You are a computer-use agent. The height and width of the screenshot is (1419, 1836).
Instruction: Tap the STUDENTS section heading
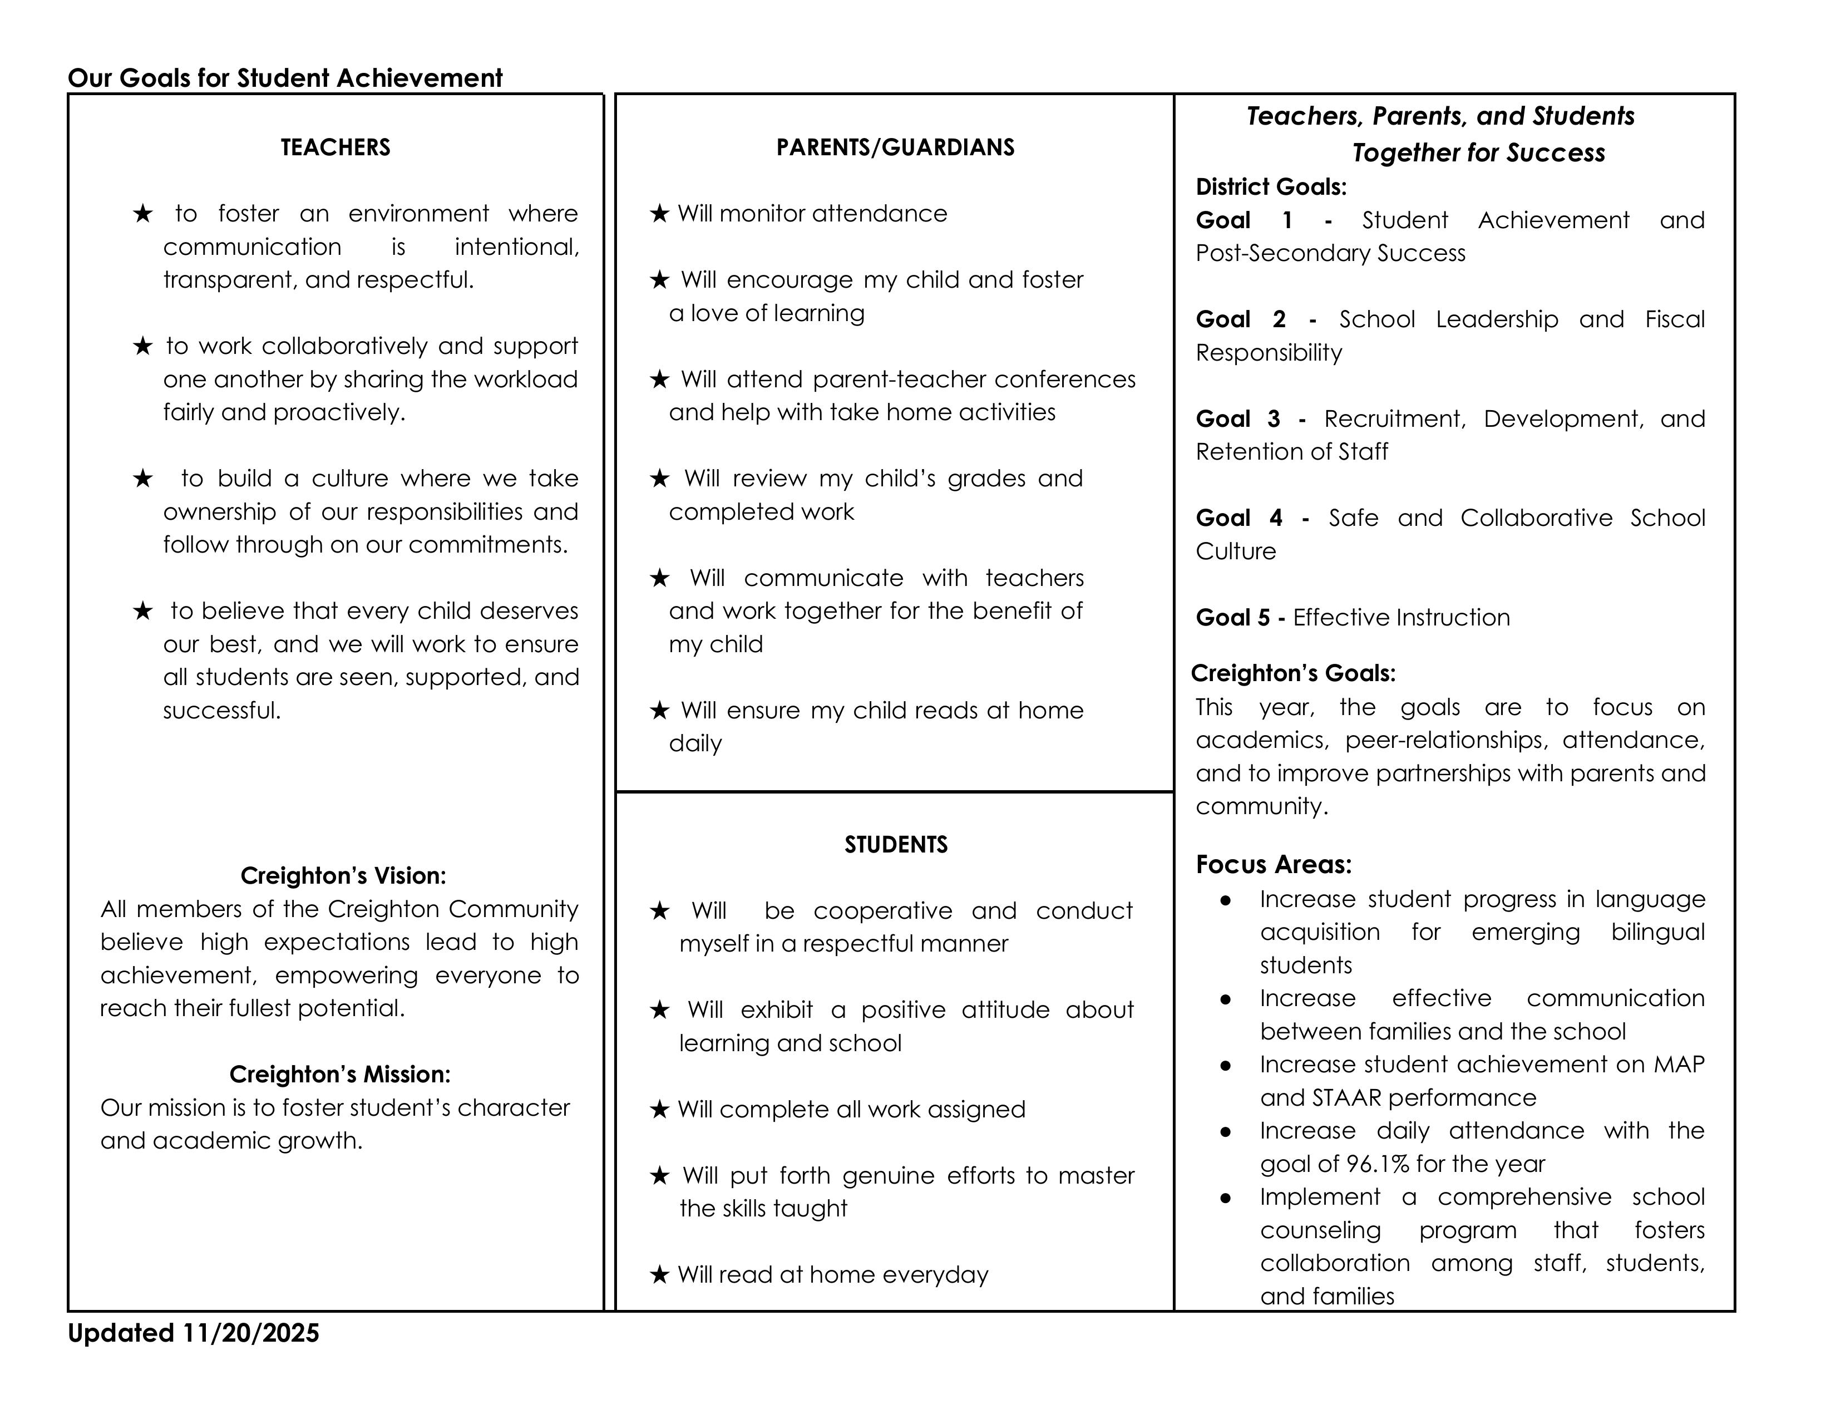(x=896, y=844)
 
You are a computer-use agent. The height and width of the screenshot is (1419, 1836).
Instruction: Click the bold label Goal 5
(x=1232, y=617)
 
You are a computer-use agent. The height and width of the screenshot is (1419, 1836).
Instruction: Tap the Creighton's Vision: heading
(x=343, y=876)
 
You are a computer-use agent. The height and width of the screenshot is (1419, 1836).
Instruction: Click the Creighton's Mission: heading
(x=339, y=1075)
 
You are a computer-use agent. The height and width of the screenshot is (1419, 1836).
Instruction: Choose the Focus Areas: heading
(x=1274, y=864)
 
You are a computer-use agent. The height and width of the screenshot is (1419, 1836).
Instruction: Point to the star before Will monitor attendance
(x=660, y=214)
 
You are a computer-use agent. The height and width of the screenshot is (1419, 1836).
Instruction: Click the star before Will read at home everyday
(x=660, y=1275)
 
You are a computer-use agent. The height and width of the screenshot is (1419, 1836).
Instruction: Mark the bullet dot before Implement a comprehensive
(x=1226, y=1198)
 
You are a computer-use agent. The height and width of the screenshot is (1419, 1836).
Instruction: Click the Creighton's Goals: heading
(x=1293, y=673)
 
